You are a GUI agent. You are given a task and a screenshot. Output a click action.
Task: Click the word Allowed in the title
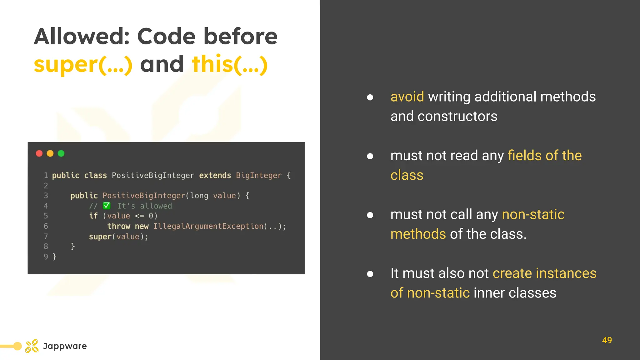click(x=82, y=37)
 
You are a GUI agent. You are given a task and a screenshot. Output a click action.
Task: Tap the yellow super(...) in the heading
click(x=83, y=64)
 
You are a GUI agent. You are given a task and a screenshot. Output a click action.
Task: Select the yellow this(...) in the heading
click(x=230, y=64)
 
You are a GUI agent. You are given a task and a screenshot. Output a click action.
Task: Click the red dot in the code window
click(x=39, y=153)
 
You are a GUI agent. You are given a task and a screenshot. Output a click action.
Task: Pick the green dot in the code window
click(x=61, y=153)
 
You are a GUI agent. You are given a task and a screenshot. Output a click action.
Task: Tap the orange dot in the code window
click(x=50, y=153)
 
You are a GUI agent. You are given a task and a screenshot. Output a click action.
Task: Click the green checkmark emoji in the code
click(x=107, y=206)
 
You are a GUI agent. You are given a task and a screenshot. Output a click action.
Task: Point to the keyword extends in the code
click(x=215, y=175)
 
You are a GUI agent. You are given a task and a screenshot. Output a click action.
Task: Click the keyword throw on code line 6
click(x=119, y=226)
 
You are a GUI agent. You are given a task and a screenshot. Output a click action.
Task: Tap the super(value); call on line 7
click(x=118, y=237)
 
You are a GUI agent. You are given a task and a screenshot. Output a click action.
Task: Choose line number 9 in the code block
click(x=46, y=257)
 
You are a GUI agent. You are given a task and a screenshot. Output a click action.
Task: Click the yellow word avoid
click(x=407, y=97)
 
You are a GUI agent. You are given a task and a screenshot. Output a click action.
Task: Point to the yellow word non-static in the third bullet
click(x=533, y=214)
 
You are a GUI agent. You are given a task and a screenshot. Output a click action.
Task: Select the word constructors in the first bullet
click(x=457, y=116)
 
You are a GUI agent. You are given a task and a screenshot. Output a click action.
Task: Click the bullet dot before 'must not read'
click(x=370, y=156)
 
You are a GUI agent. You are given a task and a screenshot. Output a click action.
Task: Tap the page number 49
click(x=607, y=340)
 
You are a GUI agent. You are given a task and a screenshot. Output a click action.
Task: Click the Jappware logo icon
click(x=32, y=346)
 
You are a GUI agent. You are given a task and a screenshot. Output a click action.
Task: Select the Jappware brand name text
click(x=65, y=346)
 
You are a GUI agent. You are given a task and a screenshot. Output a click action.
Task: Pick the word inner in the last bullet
click(x=489, y=293)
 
